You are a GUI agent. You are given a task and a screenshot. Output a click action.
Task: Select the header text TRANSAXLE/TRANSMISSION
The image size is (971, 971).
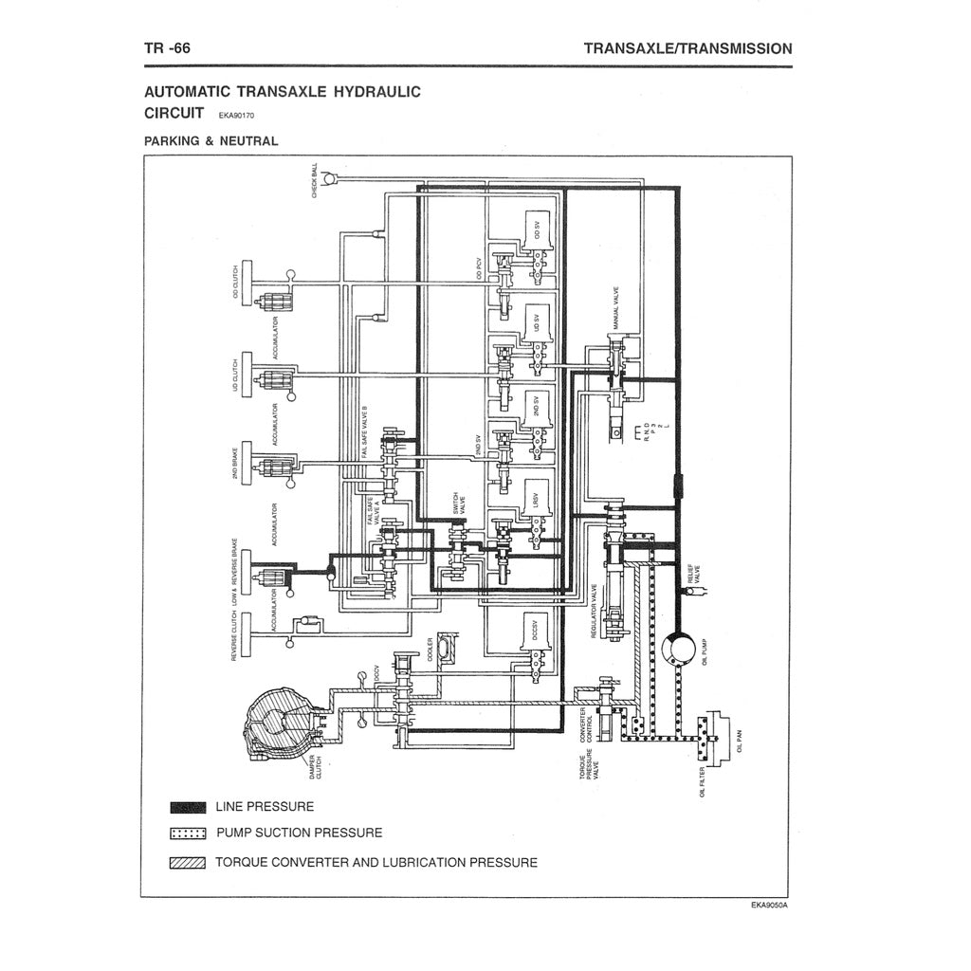[x=687, y=47]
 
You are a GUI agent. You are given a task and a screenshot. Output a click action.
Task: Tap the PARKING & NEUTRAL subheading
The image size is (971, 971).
[x=211, y=141]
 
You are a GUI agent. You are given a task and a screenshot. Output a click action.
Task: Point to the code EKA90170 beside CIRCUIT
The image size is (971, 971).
[x=236, y=116]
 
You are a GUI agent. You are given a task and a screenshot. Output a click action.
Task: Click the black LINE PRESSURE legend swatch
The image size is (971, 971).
[x=188, y=807]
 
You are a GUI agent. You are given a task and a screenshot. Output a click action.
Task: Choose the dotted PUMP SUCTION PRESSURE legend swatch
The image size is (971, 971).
[x=188, y=834]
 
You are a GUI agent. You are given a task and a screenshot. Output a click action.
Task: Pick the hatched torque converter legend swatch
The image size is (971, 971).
[x=188, y=863]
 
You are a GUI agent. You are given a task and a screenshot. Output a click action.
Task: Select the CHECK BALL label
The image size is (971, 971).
[x=315, y=180]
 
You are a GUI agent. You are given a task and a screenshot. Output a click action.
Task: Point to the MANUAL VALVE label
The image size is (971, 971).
[x=616, y=308]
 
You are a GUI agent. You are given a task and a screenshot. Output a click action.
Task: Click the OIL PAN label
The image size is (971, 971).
[x=739, y=740]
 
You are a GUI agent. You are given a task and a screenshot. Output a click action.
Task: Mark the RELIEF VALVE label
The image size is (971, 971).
[x=695, y=575]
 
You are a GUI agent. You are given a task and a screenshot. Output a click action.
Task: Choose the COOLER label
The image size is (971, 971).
[x=430, y=649]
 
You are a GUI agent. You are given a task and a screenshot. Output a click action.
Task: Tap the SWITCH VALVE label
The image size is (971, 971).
[x=458, y=504]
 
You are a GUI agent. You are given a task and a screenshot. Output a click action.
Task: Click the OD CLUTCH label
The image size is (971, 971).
[x=236, y=284]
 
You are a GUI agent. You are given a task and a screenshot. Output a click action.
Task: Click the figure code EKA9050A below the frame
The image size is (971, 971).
[x=768, y=905]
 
